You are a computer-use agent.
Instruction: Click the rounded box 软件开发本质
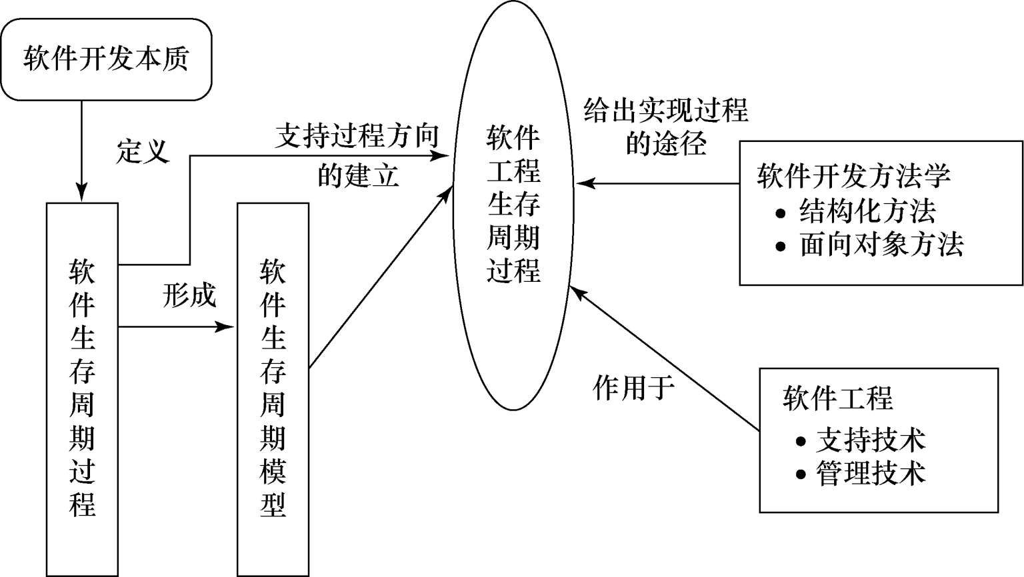click(106, 59)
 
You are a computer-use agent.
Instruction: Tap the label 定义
click(143, 151)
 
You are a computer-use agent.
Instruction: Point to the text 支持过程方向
click(357, 136)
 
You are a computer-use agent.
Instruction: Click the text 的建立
click(358, 175)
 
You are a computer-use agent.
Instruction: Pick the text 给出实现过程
click(666, 110)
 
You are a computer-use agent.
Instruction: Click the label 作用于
click(633, 388)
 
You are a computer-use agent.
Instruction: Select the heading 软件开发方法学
click(853, 175)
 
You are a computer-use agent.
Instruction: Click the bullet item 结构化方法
click(867, 211)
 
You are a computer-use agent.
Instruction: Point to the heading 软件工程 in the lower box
click(837, 398)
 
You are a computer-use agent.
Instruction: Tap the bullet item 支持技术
click(871, 440)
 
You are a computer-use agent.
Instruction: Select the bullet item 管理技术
click(871, 473)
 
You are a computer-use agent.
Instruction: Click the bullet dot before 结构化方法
click(781, 213)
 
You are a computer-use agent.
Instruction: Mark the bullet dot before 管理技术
click(801, 474)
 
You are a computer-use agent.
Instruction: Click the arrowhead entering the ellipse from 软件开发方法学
click(585, 184)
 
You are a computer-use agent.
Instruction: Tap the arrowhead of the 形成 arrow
click(225, 326)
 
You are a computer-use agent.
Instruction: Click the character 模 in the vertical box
click(273, 471)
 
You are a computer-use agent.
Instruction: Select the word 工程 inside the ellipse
click(513, 171)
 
